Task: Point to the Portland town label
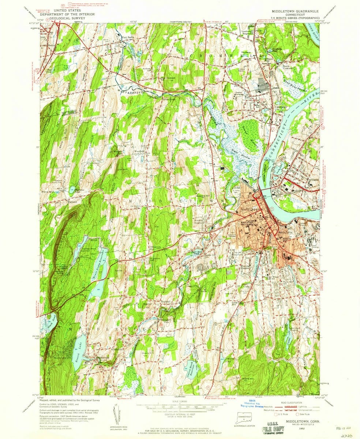313,180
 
